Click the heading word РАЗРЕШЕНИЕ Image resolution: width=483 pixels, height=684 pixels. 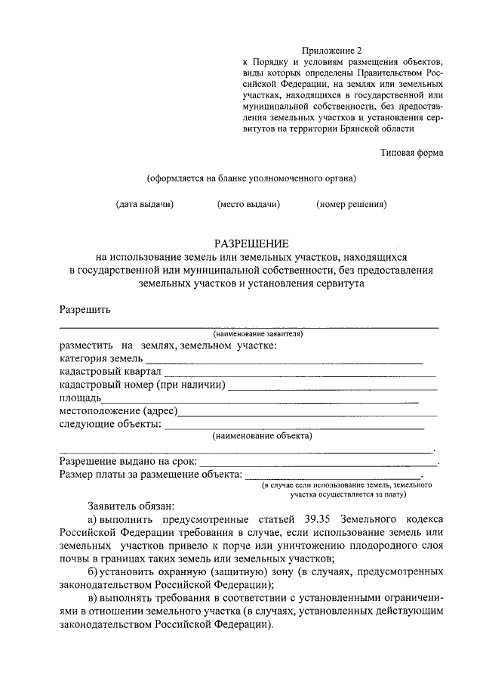coord(251,243)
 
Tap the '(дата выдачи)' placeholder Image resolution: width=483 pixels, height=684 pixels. coord(145,204)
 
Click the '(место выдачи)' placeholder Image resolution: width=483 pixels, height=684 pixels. coord(249,204)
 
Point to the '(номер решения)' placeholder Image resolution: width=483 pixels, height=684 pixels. coord(352,204)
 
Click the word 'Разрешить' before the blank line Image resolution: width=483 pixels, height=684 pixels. coord(85,309)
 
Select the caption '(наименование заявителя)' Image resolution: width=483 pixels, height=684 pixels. coord(258,333)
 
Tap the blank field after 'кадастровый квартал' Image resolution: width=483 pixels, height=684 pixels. coord(300,375)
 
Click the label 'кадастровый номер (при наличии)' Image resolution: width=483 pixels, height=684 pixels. coord(143,385)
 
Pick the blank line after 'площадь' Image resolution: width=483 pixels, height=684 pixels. coord(260,401)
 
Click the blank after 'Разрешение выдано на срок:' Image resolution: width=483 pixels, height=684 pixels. coord(318,463)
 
